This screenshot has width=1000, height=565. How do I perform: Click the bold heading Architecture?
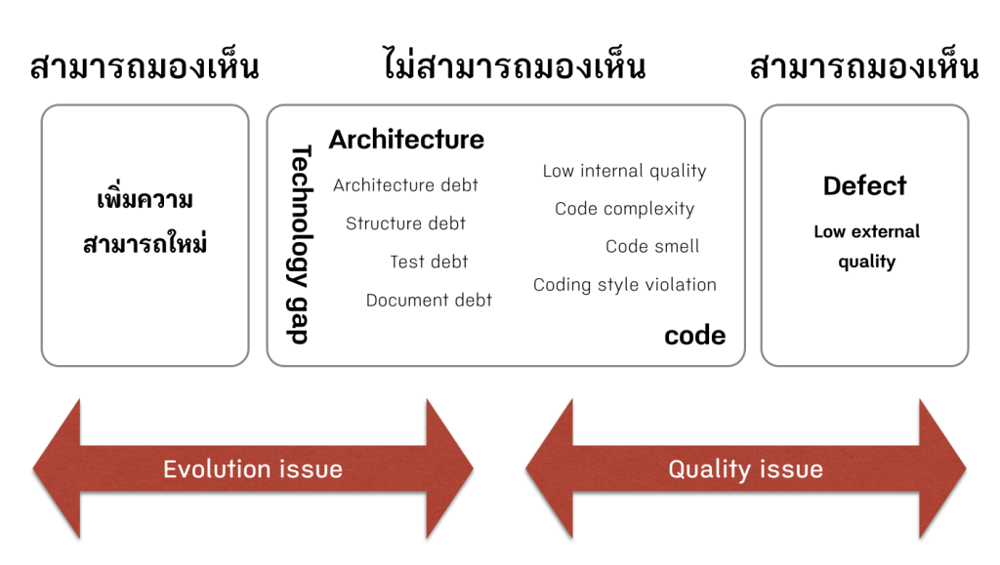(x=406, y=140)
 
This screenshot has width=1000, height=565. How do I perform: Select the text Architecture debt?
(x=405, y=185)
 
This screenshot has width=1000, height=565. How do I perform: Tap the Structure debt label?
(x=405, y=223)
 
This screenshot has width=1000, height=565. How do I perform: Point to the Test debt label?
(x=429, y=262)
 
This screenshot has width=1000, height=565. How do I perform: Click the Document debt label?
(x=429, y=300)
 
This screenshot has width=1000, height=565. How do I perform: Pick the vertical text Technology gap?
(x=300, y=244)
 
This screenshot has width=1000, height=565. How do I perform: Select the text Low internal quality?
(x=624, y=171)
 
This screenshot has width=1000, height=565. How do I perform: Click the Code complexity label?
(x=624, y=209)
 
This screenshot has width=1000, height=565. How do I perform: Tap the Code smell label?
(x=652, y=247)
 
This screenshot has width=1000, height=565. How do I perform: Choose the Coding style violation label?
(x=624, y=285)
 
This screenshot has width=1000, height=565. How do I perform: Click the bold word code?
(x=694, y=336)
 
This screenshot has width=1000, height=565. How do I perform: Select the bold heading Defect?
(x=864, y=185)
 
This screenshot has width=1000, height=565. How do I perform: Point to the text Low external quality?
(x=866, y=246)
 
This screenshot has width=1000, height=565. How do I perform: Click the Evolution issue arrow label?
(x=252, y=469)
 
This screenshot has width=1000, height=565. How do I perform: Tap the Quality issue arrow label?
(x=745, y=469)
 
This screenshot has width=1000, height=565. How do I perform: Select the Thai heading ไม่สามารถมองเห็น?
(x=514, y=67)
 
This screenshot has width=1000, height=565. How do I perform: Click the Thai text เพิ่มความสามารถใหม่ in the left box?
(x=145, y=222)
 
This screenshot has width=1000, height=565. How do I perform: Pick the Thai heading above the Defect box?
(x=864, y=67)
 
